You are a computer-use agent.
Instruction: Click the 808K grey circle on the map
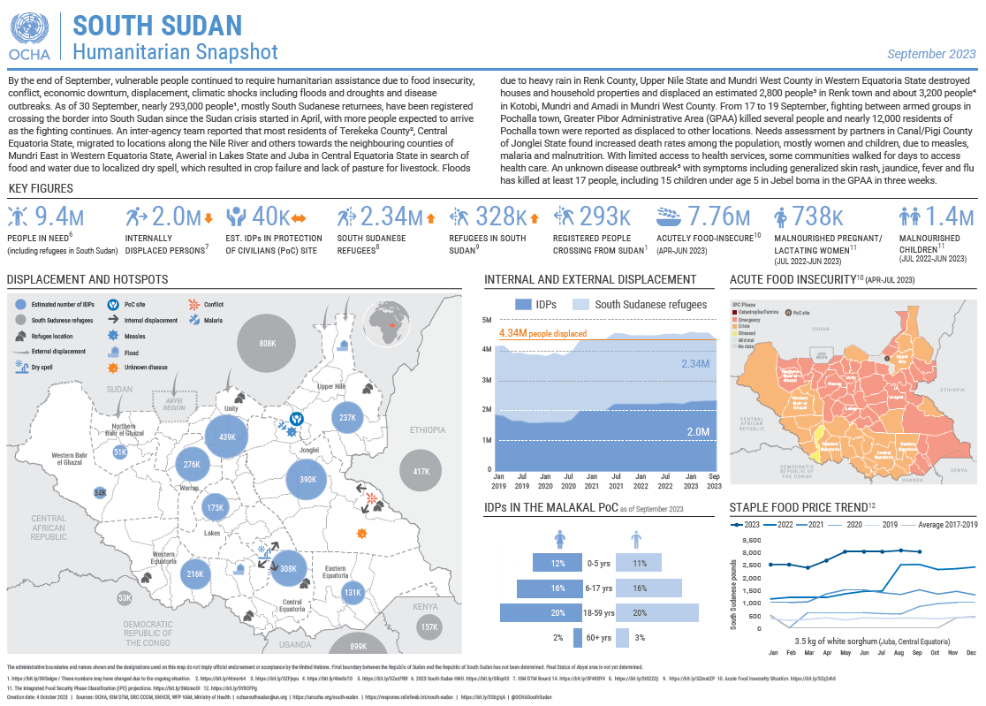click(x=268, y=343)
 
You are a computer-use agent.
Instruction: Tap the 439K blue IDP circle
click(x=227, y=437)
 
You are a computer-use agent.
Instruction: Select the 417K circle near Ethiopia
click(x=421, y=471)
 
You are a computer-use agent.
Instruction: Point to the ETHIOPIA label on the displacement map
click(x=427, y=429)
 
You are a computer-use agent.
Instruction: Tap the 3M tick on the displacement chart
click(x=487, y=380)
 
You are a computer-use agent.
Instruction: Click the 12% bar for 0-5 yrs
click(x=557, y=563)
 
